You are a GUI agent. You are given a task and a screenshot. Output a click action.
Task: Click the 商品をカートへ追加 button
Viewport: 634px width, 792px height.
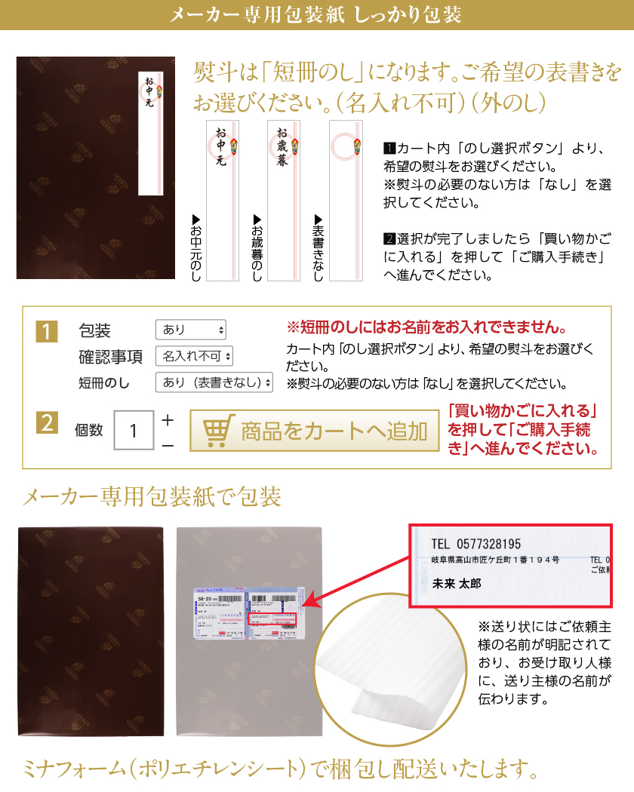pyautogui.click(x=314, y=431)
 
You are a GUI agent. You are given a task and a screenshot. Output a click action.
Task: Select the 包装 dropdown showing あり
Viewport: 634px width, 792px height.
pyautogui.click(x=190, y=330)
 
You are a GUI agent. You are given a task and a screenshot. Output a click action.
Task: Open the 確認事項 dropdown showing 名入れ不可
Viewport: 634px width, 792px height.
pyautogui.click(x=194, y=356)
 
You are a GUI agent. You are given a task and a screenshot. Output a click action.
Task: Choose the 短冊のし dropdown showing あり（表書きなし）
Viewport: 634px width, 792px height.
pyautogui.click(x=214, y=382)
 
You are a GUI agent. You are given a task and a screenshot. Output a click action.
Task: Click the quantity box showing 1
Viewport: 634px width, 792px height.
pyautogui.click(x=134, y=431)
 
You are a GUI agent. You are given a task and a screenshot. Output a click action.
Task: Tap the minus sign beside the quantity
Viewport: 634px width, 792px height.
pyautogui.click(x=168, y=446)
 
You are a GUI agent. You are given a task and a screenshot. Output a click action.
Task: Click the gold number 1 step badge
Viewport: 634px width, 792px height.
pyautogui.click(x=47, y=330)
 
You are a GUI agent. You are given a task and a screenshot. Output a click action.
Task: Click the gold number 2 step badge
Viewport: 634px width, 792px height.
pyautogui.click(x=47, y=423)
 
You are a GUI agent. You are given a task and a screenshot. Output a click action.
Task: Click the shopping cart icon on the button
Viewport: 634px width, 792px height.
pyautogui.click(x=218, y=431)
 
